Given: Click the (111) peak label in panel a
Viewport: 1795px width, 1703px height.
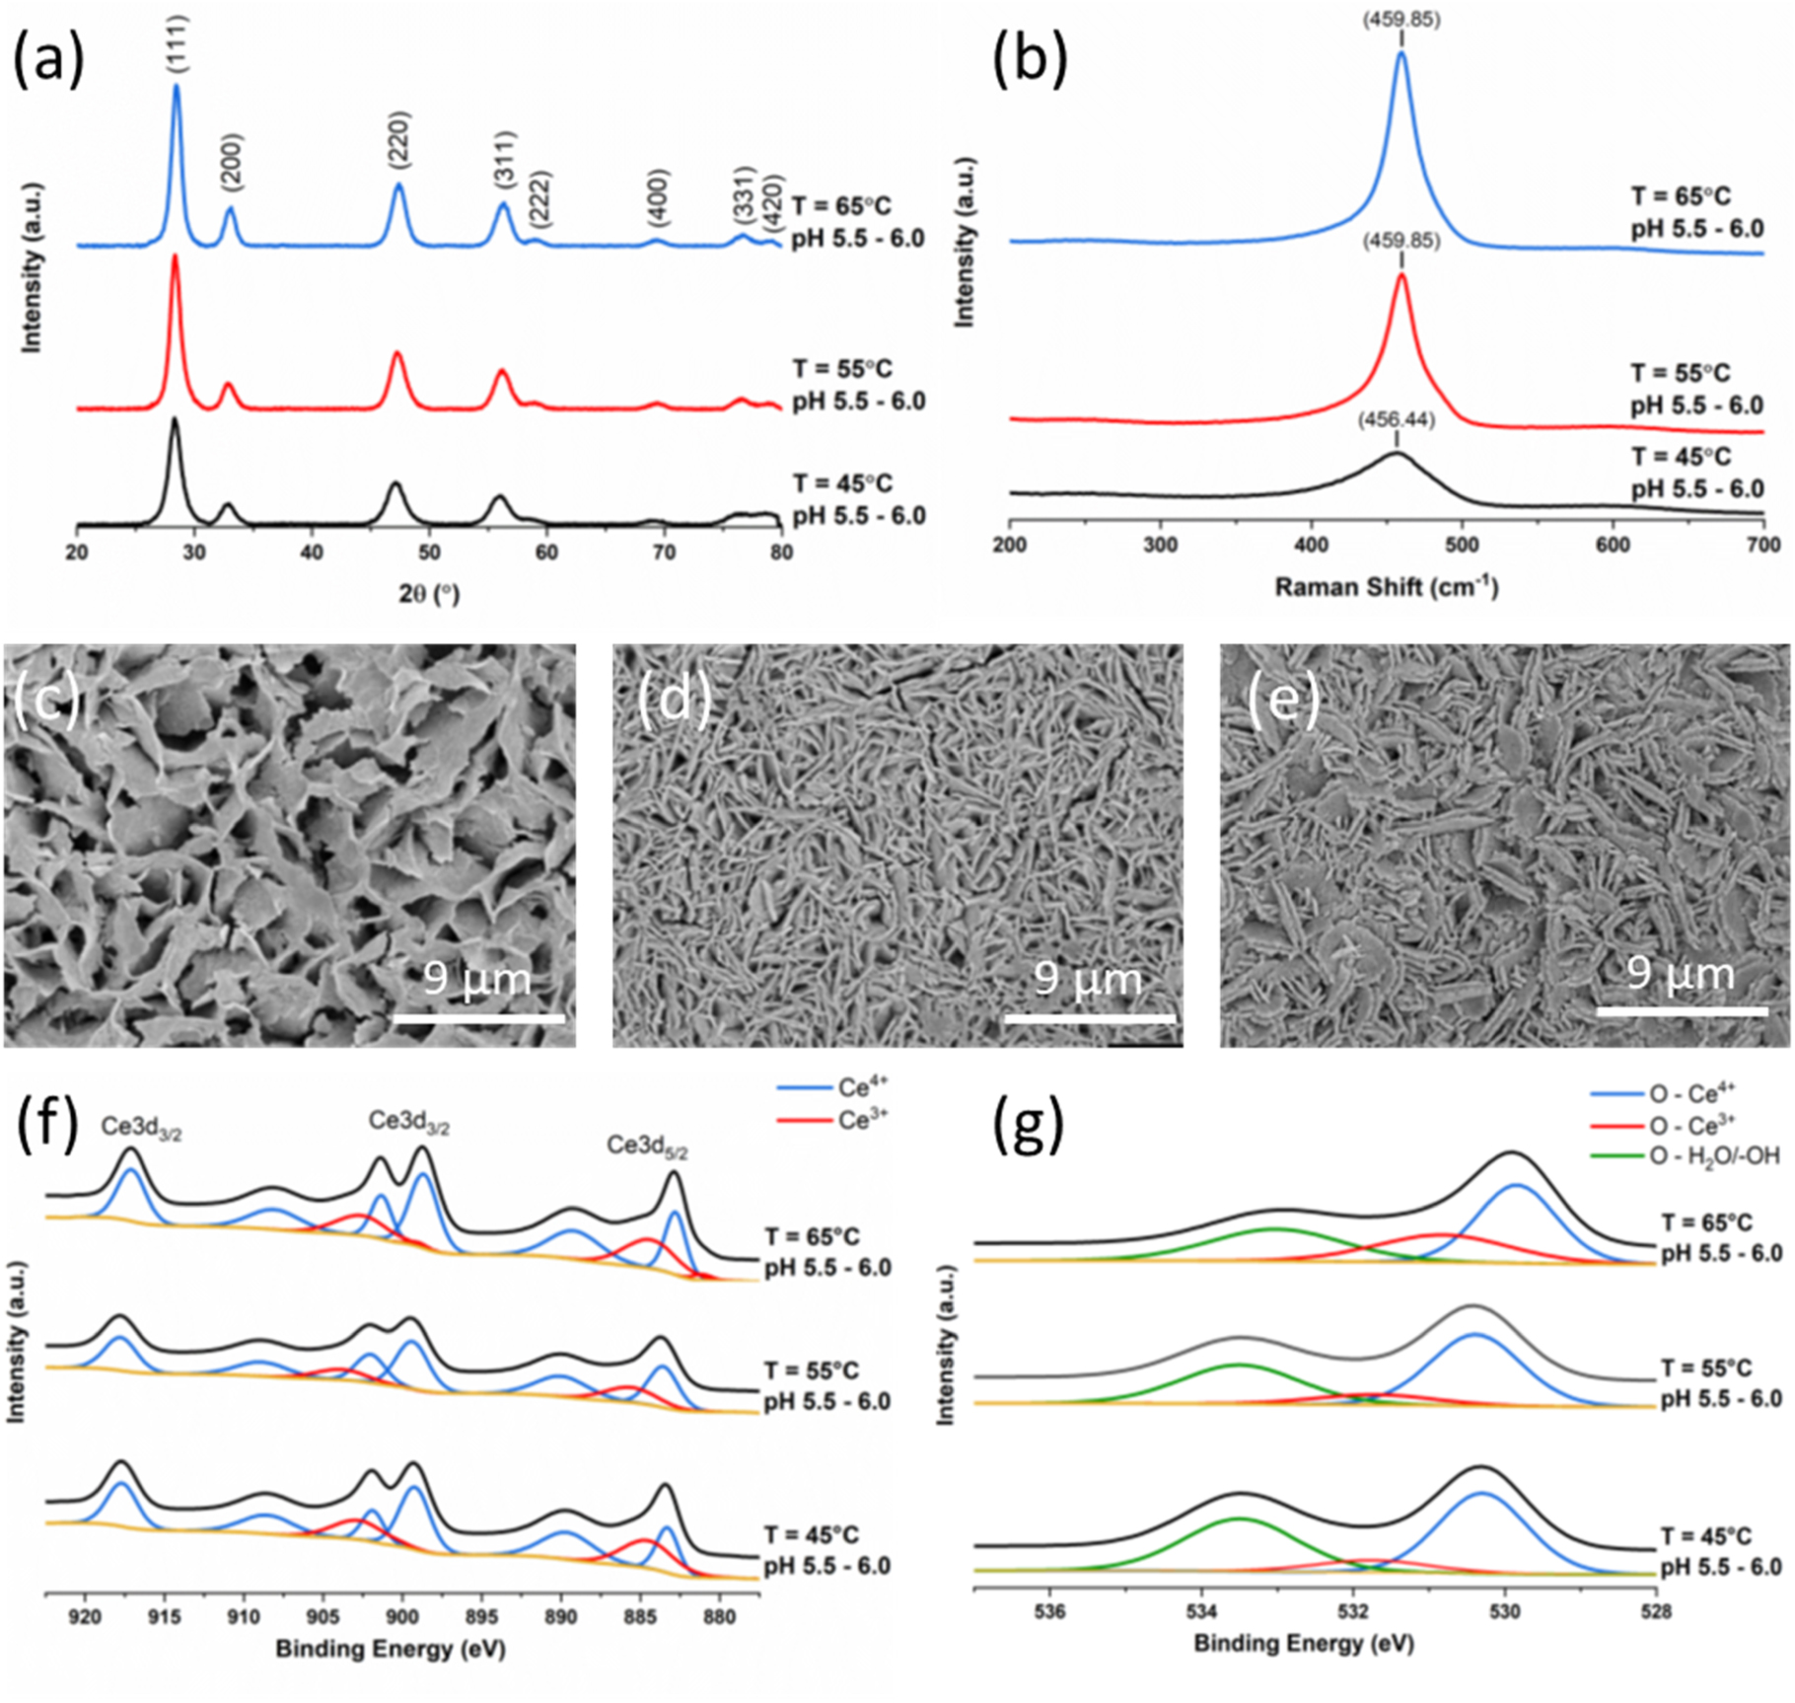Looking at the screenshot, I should click(177, 45).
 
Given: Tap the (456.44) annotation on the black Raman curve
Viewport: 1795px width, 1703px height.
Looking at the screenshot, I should click(1396, 420).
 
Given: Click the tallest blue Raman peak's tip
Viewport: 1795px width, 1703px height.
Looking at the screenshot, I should click(1400, 54).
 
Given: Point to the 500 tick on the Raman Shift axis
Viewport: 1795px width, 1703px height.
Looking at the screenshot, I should click(1462, 546).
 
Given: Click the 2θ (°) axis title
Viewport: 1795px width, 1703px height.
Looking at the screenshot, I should click(428, 593).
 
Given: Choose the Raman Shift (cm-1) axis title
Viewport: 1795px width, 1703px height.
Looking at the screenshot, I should click(1386, 588).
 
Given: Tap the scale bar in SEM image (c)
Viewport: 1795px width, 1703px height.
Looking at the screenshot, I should click(479, 1017).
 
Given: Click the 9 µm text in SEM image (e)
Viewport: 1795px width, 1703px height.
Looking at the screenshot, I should click(1680, 974).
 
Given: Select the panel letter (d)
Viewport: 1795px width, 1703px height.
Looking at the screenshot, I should click(674, 703).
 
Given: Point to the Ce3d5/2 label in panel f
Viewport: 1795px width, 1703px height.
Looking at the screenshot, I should click(647, 1146).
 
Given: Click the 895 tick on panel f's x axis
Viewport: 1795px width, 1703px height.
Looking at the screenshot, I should click(483, 1618).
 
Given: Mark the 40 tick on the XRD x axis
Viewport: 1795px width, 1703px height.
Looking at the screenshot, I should click(312, 553).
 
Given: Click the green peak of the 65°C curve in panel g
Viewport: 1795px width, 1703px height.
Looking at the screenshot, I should click(1275, 1229).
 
